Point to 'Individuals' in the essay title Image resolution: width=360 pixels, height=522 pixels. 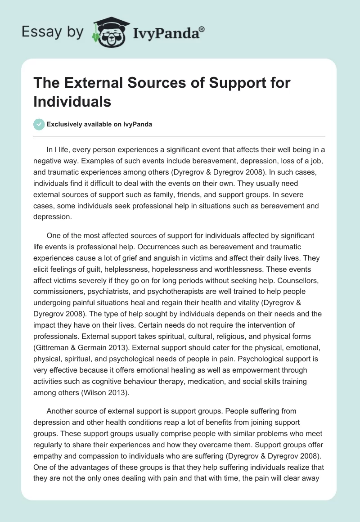72,101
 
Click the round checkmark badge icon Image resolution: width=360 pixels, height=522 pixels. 39,124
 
